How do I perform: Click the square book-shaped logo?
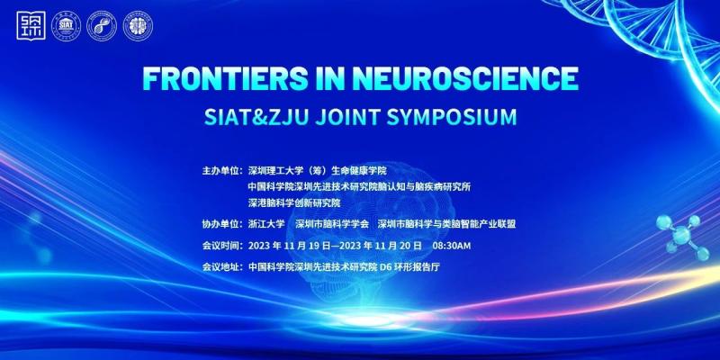tap(31, 25)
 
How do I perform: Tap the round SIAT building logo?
tap(66, 26)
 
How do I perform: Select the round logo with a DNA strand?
tap(102, 26)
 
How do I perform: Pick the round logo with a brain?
tap(138, 26)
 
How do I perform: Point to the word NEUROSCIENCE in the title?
tap(464, 78)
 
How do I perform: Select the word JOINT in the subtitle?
tap(347, 117)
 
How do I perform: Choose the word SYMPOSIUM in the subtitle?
tap(452, 117)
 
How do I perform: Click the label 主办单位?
tap(220, 171)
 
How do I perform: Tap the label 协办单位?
tap(220, 224)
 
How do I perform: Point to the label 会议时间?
tap(220, 246)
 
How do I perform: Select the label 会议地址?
tap(220, 266)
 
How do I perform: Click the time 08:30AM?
tap(452, 246)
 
